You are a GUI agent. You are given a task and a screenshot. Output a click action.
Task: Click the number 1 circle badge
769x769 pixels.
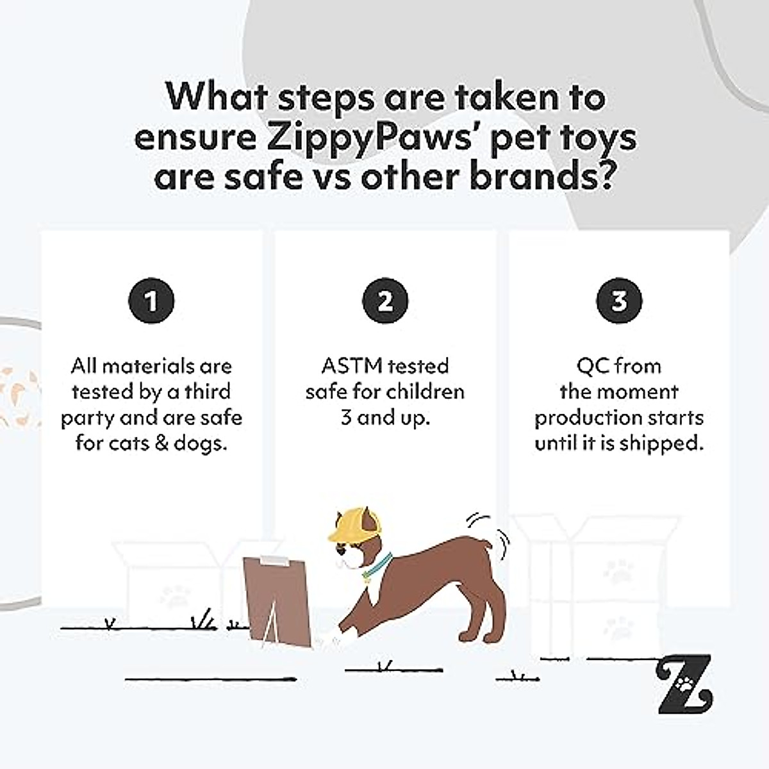[151, 301]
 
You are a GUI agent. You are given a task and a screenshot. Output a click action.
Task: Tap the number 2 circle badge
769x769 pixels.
[384, 301]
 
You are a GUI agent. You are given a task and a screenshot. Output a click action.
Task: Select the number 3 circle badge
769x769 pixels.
[619, 301]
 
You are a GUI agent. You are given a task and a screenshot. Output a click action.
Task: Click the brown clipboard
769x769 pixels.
[276, 599]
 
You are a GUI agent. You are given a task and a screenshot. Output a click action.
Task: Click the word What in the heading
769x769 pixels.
[216, 97]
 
